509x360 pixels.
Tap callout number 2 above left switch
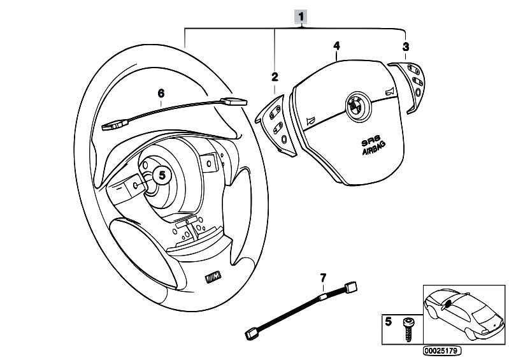tap(275, 77)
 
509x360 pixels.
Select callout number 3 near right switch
tap(406, 46)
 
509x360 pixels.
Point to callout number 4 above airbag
tap(336, 45)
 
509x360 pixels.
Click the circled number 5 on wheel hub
tap(162, 173)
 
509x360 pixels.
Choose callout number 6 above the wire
tap(161, 93)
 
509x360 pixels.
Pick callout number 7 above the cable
tap(323, 277)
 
